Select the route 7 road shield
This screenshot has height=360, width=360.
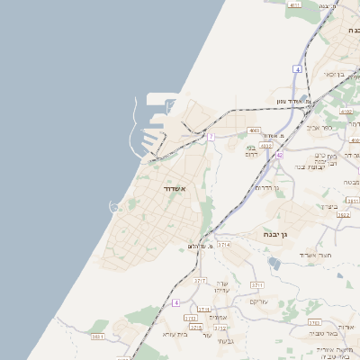coord(211,137)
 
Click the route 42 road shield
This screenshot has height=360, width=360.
coord(279,156)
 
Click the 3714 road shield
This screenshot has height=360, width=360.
coord(224,244)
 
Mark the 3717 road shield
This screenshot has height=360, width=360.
coord(201,282)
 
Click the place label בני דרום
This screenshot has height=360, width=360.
coord(251,151)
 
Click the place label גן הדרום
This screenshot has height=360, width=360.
coord(268,188)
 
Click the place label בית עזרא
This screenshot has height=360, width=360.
coord(173,334)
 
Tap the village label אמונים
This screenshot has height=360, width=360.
coord(217,317)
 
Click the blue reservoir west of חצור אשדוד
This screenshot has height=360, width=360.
coord(274,264)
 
